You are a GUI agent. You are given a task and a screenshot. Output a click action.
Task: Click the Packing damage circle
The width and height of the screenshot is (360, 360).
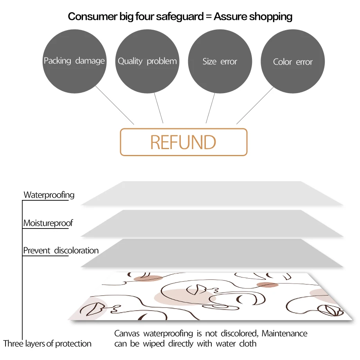point(74,61)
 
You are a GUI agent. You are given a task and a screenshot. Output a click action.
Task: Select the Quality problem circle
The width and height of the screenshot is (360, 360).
point(147,61)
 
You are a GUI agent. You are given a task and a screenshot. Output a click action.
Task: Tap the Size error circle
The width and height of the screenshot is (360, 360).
point(220,61)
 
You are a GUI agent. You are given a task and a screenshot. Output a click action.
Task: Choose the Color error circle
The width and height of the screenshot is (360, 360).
point(293,61)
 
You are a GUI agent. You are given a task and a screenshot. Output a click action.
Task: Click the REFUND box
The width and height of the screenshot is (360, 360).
point(184,142)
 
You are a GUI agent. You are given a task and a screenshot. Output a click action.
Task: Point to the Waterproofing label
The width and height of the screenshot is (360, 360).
point(49,194)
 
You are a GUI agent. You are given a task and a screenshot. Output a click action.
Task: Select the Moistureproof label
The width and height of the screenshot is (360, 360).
point(48,223)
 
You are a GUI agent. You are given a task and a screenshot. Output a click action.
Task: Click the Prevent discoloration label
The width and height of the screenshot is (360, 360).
point(61,250)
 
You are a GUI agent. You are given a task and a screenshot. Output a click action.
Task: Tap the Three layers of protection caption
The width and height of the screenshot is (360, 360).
point(47,344)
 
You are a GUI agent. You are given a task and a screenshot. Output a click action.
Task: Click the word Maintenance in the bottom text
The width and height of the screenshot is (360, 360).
point(284,334)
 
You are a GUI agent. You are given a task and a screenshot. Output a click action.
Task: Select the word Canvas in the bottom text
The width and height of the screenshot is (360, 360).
point(128,334)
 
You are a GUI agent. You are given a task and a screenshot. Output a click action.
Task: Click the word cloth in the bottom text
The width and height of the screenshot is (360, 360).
point(248,344)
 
